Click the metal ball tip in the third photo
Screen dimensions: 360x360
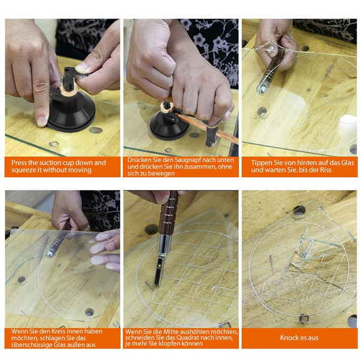(260, 89)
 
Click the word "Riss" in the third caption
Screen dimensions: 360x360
(326, 170)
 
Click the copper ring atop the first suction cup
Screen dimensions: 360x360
(68, 91)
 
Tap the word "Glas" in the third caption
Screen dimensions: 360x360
(347, 163)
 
